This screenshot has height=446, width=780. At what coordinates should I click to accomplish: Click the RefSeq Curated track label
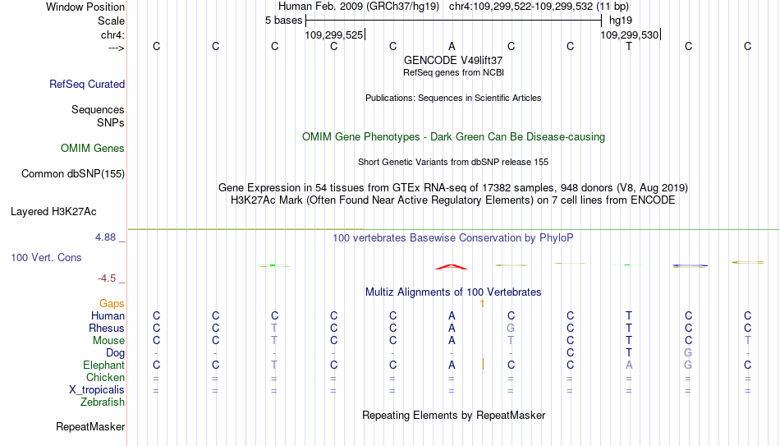pos(87,84)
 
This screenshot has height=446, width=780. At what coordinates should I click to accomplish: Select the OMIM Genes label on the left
pos(93,149)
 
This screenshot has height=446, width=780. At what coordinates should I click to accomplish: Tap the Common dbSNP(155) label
pos(73,174)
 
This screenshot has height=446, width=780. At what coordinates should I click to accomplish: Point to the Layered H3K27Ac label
pos(53,212)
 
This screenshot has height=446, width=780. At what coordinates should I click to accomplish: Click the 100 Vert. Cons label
pos(46,257)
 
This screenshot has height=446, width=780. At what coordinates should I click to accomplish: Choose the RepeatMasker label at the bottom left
pos(90,426)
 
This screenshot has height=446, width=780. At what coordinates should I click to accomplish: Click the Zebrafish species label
pos(103,402)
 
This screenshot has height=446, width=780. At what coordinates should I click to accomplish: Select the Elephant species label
pos(104,365)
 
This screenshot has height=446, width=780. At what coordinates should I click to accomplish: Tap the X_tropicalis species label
pos(97,390)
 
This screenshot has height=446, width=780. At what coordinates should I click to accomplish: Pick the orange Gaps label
pos(112,304)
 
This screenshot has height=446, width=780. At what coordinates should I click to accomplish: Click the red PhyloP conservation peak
pos(452,267)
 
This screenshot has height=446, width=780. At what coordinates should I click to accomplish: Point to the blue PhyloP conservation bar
pos(690,266)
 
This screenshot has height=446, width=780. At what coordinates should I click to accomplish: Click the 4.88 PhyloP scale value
pos(105,237)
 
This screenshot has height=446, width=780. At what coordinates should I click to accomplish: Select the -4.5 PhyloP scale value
pos(107,278)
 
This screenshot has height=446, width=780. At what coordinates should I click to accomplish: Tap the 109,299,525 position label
pos(334,34)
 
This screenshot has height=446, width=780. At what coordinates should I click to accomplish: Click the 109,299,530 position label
pos(629,34)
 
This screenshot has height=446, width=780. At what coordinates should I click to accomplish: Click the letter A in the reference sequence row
pos(452,46)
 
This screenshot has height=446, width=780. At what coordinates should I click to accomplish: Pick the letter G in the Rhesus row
pos(511,328)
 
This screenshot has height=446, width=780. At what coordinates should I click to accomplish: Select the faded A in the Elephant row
pos(629,365)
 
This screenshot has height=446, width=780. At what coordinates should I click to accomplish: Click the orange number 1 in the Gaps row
pos(482,304)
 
